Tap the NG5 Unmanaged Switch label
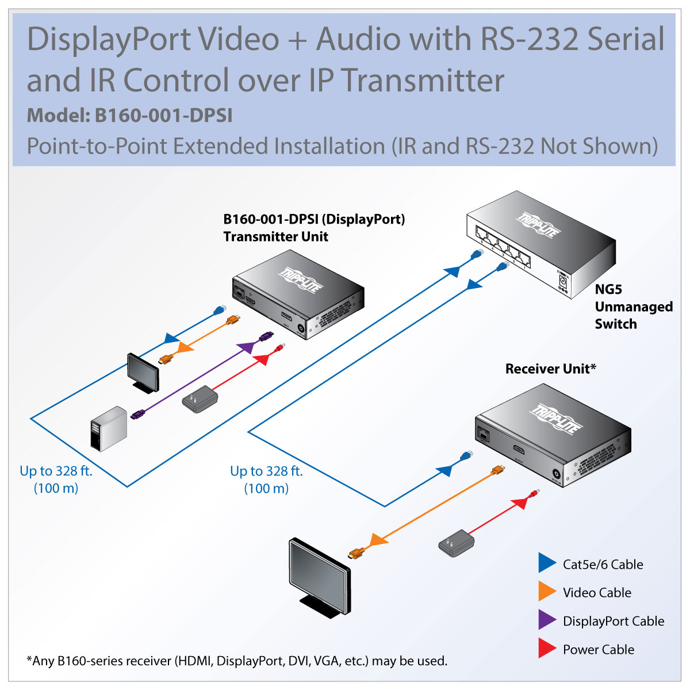[633, 306]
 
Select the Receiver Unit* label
[550, 369]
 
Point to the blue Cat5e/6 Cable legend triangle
[546, 563]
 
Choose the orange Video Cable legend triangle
[546, 592]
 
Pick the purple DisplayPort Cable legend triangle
[546, 620]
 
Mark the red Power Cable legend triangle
[546, 649]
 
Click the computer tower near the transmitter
[108, 428]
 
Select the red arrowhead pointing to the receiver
[520, 503]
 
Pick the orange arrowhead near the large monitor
[376, 540]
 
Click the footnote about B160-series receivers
[237, 661]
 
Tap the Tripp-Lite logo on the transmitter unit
[301, 280]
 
